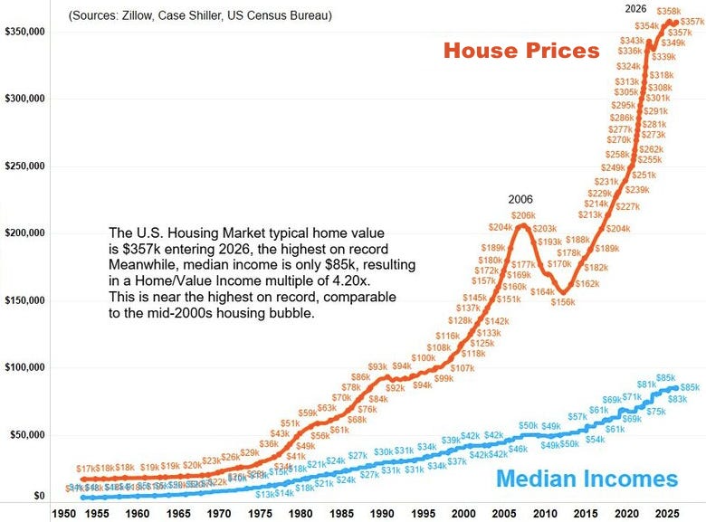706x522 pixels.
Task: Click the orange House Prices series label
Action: pyautogui.click(x=521, y=50)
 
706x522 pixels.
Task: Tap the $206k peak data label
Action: pyautogui.click(x=523, y=215)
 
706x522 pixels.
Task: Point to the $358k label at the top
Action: pyautogui.click(x=682, y=11)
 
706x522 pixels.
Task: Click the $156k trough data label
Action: pyautogui.click(x=563, y=302)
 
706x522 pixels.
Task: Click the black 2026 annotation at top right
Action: pyautogui.click(x=636, y=9)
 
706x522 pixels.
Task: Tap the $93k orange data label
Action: pyautogui.click(x=378, y=366)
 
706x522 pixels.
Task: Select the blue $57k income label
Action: pyautogui.click(x=577, y=416)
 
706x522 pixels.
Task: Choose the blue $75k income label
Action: pyautogui.click(x=656, y=412)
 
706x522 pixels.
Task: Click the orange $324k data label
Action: pyautogui.click(x=628, y=67)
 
